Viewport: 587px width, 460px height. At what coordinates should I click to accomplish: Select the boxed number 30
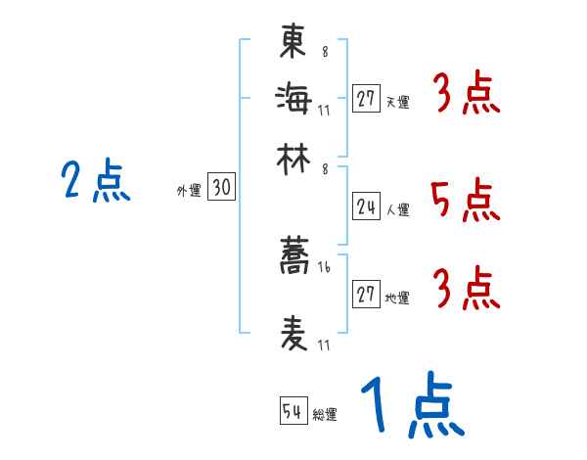point(222,188)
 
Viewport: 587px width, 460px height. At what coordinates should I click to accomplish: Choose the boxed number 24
point(367,207)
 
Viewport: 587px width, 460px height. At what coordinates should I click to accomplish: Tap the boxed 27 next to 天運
point(367,99)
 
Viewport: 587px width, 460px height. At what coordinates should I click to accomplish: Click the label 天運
point(398,102)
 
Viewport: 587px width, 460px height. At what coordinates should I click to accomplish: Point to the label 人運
point(398,209)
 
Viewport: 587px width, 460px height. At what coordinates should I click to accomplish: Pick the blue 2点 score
point(96,182)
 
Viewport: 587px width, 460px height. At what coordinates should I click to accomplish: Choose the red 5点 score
point(465,201)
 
